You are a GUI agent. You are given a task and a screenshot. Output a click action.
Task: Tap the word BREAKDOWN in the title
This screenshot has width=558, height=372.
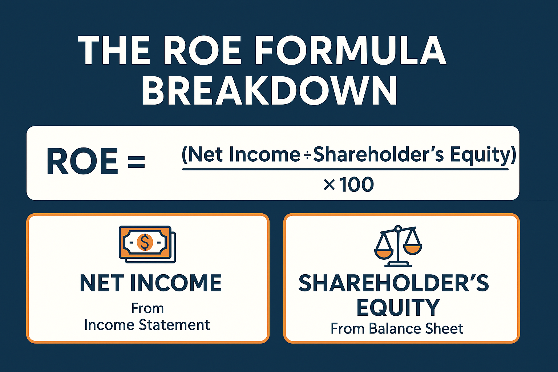[269, 91]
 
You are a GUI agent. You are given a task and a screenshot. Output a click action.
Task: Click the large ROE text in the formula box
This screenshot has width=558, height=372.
[82, 161]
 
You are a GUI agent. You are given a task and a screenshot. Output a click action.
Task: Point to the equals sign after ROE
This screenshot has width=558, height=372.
[136, 161]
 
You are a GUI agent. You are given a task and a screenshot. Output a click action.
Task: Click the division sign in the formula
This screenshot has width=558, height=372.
[307, 155]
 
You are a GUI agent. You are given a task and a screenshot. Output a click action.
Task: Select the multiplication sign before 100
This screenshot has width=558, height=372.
[329, 186]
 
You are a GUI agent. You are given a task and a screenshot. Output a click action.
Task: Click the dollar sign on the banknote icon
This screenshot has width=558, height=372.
[145, 242]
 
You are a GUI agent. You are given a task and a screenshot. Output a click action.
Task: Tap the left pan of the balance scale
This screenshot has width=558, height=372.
[384, 255]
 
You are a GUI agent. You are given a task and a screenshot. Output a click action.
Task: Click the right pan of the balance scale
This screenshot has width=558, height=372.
[413, 250]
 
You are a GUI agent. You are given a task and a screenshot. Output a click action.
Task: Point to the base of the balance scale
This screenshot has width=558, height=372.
[398, 264]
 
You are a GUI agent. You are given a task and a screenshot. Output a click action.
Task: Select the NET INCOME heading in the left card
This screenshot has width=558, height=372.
[151, 283]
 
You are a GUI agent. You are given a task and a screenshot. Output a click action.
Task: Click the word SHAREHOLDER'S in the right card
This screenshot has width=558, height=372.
[393, 283]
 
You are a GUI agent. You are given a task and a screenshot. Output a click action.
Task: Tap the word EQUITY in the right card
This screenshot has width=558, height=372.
[398, 307]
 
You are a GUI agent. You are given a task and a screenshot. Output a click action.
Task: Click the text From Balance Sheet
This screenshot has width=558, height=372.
[397, 328]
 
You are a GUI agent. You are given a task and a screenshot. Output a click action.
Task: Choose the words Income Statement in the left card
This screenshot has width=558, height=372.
[147, 325]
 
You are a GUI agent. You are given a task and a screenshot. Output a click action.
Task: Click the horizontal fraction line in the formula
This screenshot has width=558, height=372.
[345, 169]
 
